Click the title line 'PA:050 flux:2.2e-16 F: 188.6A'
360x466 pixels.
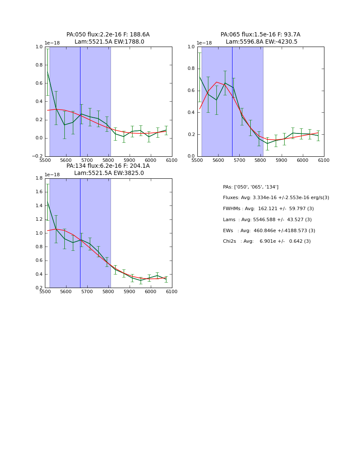click(108, 35)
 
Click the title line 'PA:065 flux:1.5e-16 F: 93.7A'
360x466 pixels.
click(260, 35)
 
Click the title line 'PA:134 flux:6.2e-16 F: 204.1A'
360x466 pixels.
click(108, 166)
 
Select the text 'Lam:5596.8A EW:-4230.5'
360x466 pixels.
click(261, 42)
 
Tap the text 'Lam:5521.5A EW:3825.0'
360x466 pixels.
click(109, 173)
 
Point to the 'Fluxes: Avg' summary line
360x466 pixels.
click(276, 198)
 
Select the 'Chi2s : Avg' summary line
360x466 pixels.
click(267, 241)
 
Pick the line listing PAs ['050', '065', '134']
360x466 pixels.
click(251, 187)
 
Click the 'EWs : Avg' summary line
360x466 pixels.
click(269, 231)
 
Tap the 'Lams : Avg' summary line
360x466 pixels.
click(267, 220)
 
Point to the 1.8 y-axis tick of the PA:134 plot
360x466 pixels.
click(39, 178)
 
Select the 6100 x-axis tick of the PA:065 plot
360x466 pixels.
click(324, 160)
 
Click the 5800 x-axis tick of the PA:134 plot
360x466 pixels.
click(108, 291)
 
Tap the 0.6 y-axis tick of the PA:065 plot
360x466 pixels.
click(191, 91)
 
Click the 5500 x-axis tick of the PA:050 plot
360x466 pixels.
click(45, 160)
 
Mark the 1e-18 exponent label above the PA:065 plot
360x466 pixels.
click(204, 43)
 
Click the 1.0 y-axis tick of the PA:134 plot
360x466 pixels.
click(39, 233)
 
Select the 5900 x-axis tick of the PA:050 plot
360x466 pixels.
click(130, 160)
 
